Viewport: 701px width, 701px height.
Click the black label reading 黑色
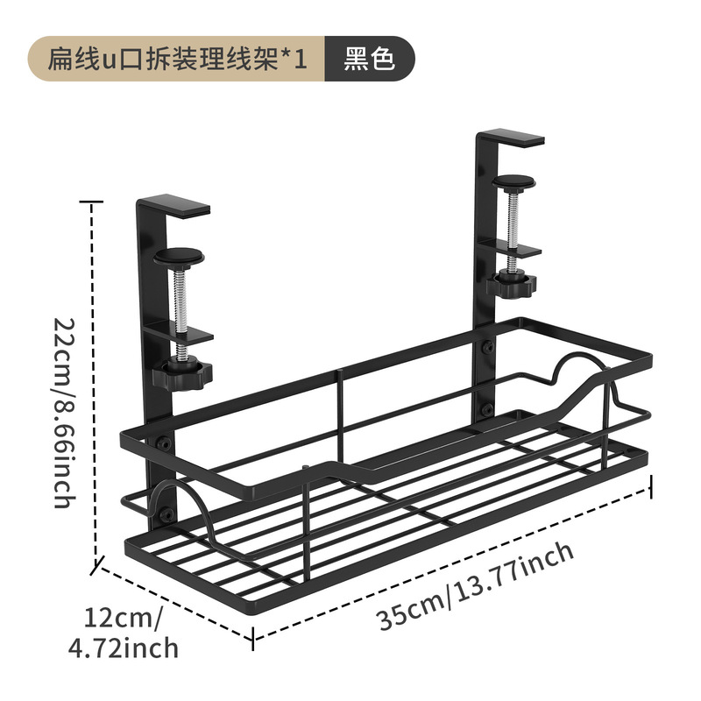point(369,59)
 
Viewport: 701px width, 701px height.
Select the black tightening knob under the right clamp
point(511,283)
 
